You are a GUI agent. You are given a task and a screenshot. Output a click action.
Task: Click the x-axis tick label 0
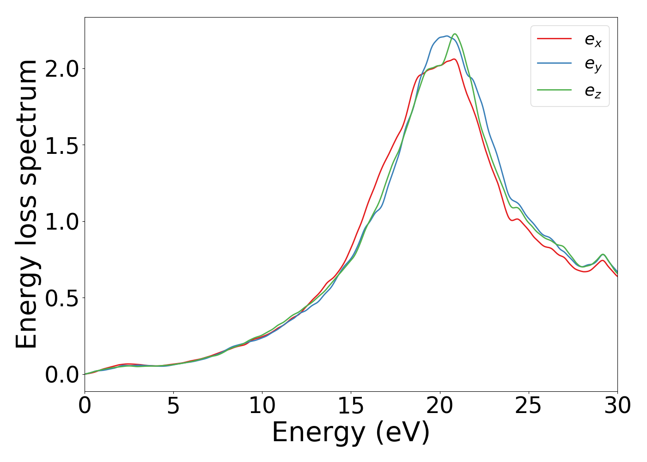pyautogui.click(x=85, y=406)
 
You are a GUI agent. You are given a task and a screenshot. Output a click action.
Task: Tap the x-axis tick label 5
pyautogui.click(x=173, y=406)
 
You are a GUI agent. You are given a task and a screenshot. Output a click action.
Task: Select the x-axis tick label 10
pyautogui.click(x=262, y=406)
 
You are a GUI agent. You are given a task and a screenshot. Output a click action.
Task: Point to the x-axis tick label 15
pyautogui.click(x=351, y=406)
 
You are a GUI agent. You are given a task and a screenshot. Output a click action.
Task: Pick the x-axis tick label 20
pyautogui.click(x=439, y=406)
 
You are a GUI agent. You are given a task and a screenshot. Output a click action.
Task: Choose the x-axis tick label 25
pyautogui.click(x=528, y=406)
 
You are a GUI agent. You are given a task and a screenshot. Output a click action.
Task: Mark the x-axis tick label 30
pyautogui.click(x=617, y=406)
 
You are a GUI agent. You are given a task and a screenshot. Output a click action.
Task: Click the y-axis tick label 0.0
pyautogui.click(x=62, y=375)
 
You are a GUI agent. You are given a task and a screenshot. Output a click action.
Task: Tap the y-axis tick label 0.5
pyautogui.click(x=62, y=298)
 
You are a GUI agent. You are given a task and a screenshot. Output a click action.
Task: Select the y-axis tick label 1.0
pyautogui.click(x=62, y=222)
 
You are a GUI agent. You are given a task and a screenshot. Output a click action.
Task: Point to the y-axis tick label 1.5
pyautogui.click(x=62, y=145)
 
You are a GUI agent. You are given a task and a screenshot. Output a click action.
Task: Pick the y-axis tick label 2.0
pyautogui.click(x=62, y=69)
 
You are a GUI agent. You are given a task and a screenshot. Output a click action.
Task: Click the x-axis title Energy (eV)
pyautogui.click(x=351, y=433)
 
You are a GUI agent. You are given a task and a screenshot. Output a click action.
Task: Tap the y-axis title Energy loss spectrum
pyautogui.click(x=26, y=204)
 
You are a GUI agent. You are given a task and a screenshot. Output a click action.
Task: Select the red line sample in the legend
pyautogui.click(x=554, y=39)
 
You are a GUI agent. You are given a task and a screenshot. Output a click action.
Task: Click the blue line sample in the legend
pyautogui.click(x=554, y=64)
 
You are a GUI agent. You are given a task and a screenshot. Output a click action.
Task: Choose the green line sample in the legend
pyautogui.click(x=554, y=90)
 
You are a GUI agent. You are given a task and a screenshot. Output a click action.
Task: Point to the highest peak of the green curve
pyautogui.click(x=455, y=34)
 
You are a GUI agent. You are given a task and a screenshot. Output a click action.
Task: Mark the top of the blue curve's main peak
pyautogui.click(x=446, y=36)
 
